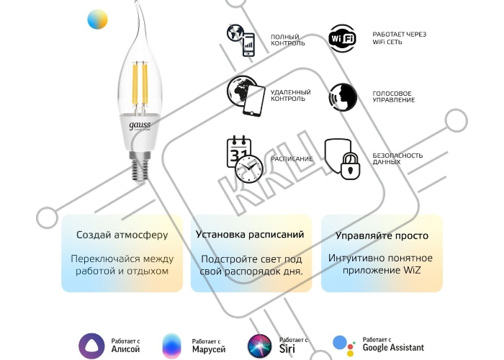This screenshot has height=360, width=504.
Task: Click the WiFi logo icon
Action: [x=342, y=38]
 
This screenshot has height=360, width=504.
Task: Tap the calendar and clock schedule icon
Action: [x=245, y=159]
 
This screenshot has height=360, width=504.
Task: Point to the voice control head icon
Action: [x=343, y=97]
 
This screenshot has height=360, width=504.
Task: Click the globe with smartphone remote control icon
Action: [x=246, y=96]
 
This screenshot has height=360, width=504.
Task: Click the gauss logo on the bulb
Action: [x=140, y=125]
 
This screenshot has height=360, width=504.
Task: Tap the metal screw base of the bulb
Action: [x=140, y=166]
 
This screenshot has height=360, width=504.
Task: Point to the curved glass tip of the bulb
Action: [x=141, y=19]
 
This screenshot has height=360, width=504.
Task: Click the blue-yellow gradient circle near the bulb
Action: [x=97, y=19]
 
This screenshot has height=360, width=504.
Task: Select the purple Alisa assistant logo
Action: [x=91, y=346]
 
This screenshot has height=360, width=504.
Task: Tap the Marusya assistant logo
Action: [x=172, y=346]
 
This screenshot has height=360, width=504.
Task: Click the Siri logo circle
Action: [x=260, y=346]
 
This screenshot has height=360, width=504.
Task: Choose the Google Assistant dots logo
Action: [x=344, y=346]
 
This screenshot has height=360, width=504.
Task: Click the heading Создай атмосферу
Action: [x=122, y=235]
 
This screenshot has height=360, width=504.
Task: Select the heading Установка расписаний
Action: [x=250, y=234]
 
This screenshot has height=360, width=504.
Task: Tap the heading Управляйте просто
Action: [x=382, y=235]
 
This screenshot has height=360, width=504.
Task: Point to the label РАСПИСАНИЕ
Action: [x=292, y=159]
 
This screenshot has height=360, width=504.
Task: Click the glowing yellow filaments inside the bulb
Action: [x=140, y=84]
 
